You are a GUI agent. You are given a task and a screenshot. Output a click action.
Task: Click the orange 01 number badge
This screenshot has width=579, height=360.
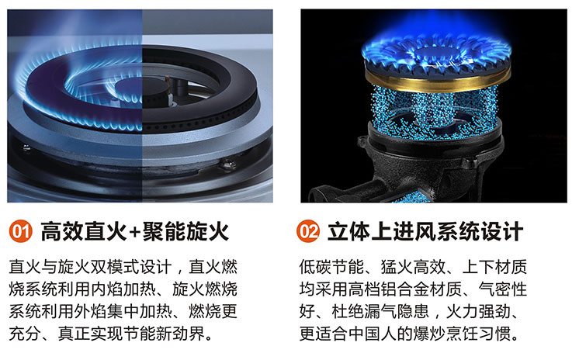21,231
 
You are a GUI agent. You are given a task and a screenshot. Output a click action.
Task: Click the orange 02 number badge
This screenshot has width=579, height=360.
308,231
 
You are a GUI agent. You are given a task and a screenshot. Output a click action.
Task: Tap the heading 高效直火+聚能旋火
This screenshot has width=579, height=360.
135,231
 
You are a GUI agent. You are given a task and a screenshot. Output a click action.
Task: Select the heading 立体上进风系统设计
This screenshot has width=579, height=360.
425,231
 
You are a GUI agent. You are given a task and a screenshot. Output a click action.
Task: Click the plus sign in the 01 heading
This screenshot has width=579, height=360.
135,232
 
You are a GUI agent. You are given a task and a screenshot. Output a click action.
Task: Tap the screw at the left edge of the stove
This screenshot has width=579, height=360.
26,148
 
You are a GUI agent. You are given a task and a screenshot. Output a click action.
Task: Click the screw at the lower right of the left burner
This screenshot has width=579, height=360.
228,164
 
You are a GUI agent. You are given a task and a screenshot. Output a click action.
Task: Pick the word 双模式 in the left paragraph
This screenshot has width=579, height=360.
99,267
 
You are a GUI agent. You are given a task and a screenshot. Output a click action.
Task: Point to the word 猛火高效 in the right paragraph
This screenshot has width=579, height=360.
413,267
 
